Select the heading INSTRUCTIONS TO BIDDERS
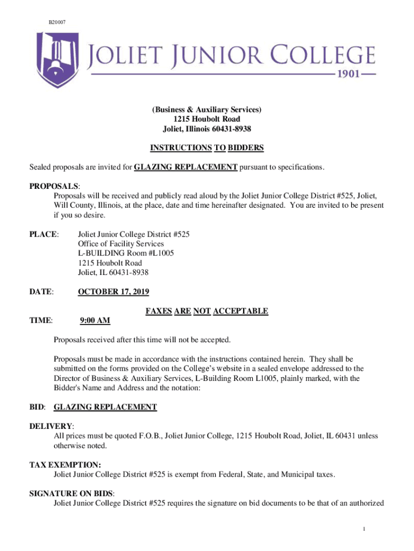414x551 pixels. (x=207, y=147)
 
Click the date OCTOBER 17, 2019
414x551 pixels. (x=113, y=292)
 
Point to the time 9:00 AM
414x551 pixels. (x=95, y=321)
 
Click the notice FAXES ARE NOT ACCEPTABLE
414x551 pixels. (x=207, y=311)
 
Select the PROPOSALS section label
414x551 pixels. (x=54, y=186)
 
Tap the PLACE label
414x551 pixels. (x=43, y=235)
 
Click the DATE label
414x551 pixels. (x=41, y=292)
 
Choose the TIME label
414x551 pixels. (x=41, y=321)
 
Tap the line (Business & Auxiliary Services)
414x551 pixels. (x=207, y=109)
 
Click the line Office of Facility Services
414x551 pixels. (x=121, y=244)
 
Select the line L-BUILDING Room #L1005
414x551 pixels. (x=126, y=253)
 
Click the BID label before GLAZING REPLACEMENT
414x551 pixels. (x=37, y=407)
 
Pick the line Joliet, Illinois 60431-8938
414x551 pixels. (x=207, y=129)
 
